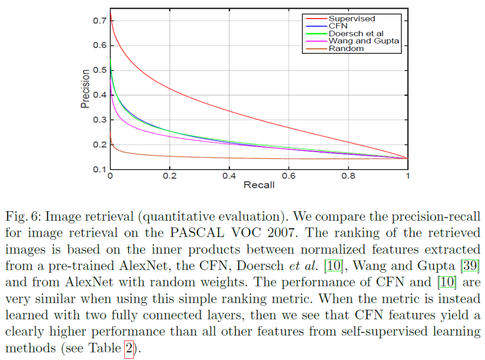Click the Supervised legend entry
(x=351, y=19)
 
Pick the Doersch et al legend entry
(x=356, y=34)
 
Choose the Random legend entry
(x=346, y=48)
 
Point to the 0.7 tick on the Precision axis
(x=99, y=21)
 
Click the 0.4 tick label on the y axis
(x=99, y=95)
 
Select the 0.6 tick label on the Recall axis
(x=288, y=176)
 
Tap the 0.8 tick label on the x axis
(x=348, y=176)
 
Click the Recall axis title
(x=259, y=185)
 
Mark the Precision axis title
(x=85, y=89)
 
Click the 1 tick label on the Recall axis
(x=407, y=176)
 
